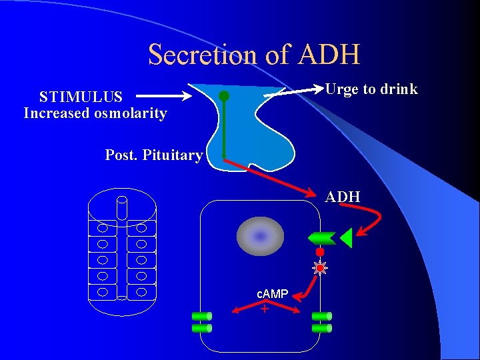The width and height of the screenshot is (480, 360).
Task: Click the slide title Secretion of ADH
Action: (254, 55)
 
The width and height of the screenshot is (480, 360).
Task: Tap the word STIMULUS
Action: (81, 97)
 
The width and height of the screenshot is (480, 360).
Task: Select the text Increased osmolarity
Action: (95, 113)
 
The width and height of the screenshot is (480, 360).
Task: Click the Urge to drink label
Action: (371, 89)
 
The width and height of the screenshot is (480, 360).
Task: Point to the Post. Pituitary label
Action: (154, 155)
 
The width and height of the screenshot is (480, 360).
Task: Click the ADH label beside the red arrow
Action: (343, 197)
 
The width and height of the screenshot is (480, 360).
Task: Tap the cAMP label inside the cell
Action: (273, 294)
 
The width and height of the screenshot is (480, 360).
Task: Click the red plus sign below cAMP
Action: (265, 309)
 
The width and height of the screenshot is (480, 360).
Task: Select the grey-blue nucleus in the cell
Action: (261, 236)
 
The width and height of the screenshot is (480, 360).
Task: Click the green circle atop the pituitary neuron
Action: (224, 96)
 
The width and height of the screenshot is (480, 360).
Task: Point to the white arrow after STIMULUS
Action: (166, 96)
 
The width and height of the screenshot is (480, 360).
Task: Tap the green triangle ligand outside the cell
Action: (346, 237)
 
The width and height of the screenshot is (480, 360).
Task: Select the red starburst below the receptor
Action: (320, 268)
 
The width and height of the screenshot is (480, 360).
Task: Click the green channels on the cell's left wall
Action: (201, 322)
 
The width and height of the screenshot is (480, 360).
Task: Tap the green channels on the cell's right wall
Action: (321, 322)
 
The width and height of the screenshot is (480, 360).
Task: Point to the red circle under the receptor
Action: (320, 253)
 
